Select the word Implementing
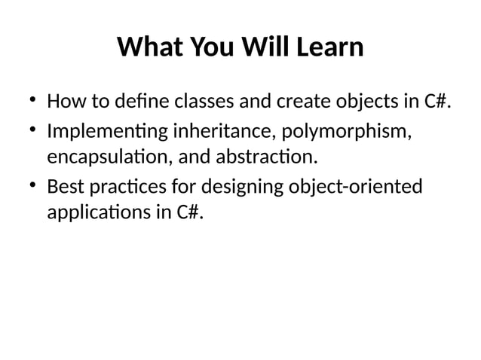[107, 131]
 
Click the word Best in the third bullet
[63, 185]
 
